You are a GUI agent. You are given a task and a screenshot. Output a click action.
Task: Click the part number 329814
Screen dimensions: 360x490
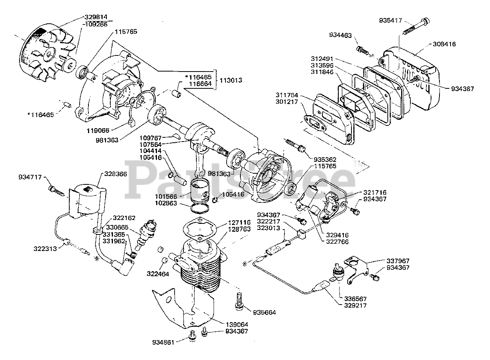pos(96,17)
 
